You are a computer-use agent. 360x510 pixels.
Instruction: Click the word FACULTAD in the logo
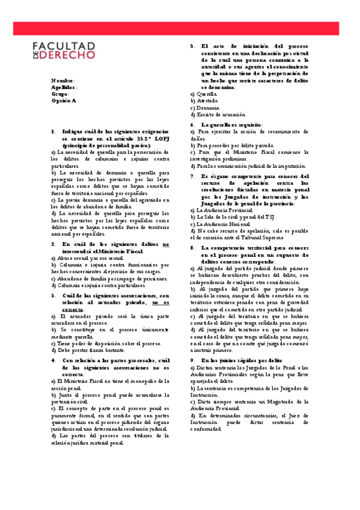click(63, 45)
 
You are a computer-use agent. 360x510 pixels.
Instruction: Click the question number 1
click(53, 131)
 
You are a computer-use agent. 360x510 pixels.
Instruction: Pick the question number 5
click(192, 46)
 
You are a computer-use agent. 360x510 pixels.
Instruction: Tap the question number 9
click(192, 360)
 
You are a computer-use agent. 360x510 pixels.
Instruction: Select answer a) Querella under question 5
click(204, 94)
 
